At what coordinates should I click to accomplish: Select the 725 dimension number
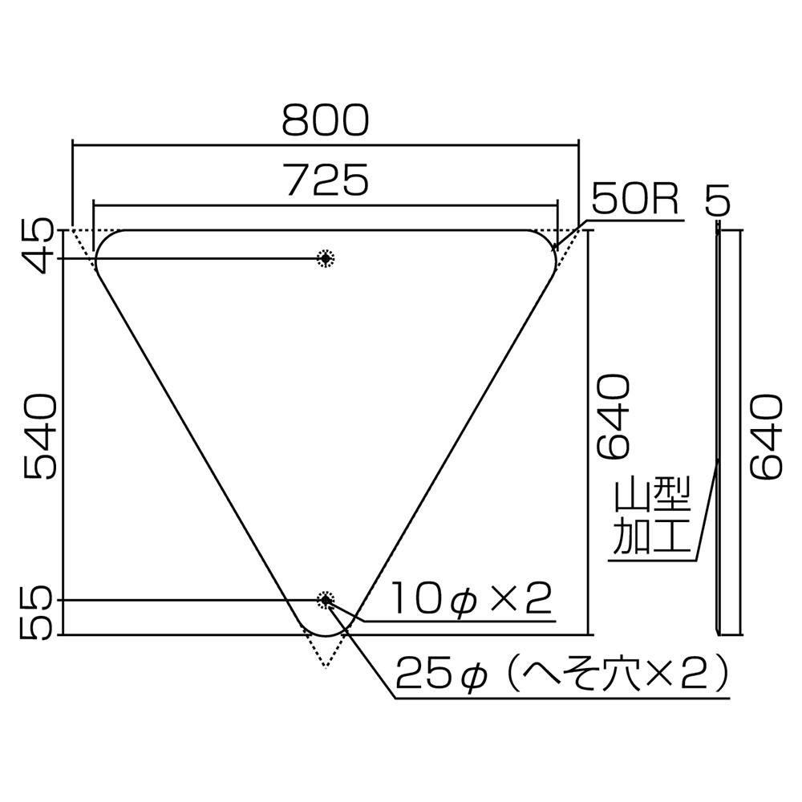328,180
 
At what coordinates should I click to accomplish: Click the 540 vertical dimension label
38,436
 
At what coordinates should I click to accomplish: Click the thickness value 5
717,200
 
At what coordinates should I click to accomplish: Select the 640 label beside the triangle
613,417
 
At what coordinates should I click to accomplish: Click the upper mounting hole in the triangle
326,259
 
